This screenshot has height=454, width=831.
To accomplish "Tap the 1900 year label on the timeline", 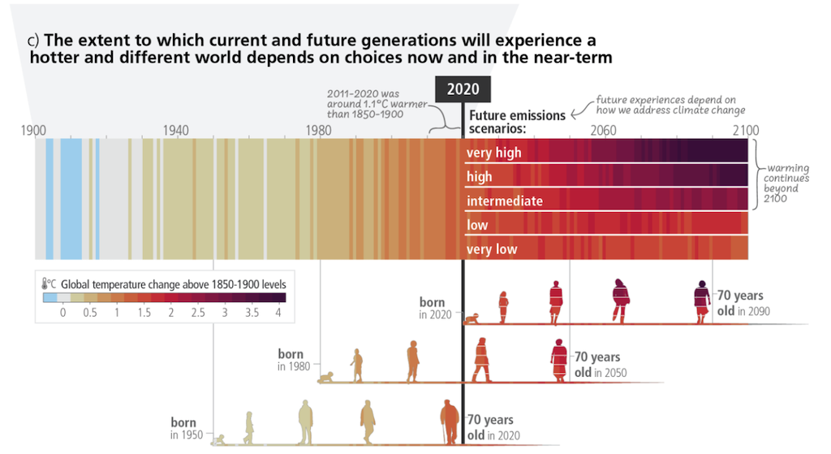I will pyautogui.click(x=33, y=130).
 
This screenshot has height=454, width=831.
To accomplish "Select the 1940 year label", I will pyautogui.click(x=175, y=130).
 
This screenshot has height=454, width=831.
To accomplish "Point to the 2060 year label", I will pyautogui.click(x=603, y=130).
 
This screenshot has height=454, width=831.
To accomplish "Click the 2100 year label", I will pyautogui.click(x=746, y=130).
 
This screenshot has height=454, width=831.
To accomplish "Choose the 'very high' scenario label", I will pyautogui.click(x=493, y=153).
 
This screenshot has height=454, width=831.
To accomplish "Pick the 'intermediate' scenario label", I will pyautogui.click(x=504, y=201).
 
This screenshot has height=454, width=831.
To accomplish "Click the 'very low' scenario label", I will pyautogui.click(x=491, y=249).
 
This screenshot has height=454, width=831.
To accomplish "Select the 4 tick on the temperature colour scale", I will pyautogui.click(x=278, y=313).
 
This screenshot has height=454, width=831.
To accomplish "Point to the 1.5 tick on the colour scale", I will pyautogui.click(x=144, y=313).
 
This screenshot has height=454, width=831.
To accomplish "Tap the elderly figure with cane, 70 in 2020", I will pyautogui.click(x=449, y=422).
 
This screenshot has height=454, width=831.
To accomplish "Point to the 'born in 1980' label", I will pyautogui.click(x=290, y=360).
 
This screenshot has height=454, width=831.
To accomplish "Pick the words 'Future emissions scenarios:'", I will pyautogui.click(x=516, y=122).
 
